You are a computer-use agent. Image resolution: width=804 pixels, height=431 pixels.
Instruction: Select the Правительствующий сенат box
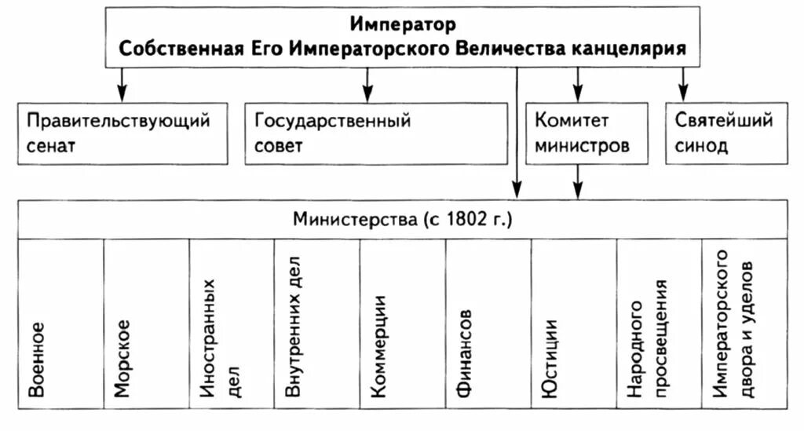click(x=122, y=133)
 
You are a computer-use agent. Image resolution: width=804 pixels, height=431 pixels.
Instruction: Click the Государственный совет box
click(x=376, y=133)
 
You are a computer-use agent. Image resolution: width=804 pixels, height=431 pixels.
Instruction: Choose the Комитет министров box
click(x=587, y=133)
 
